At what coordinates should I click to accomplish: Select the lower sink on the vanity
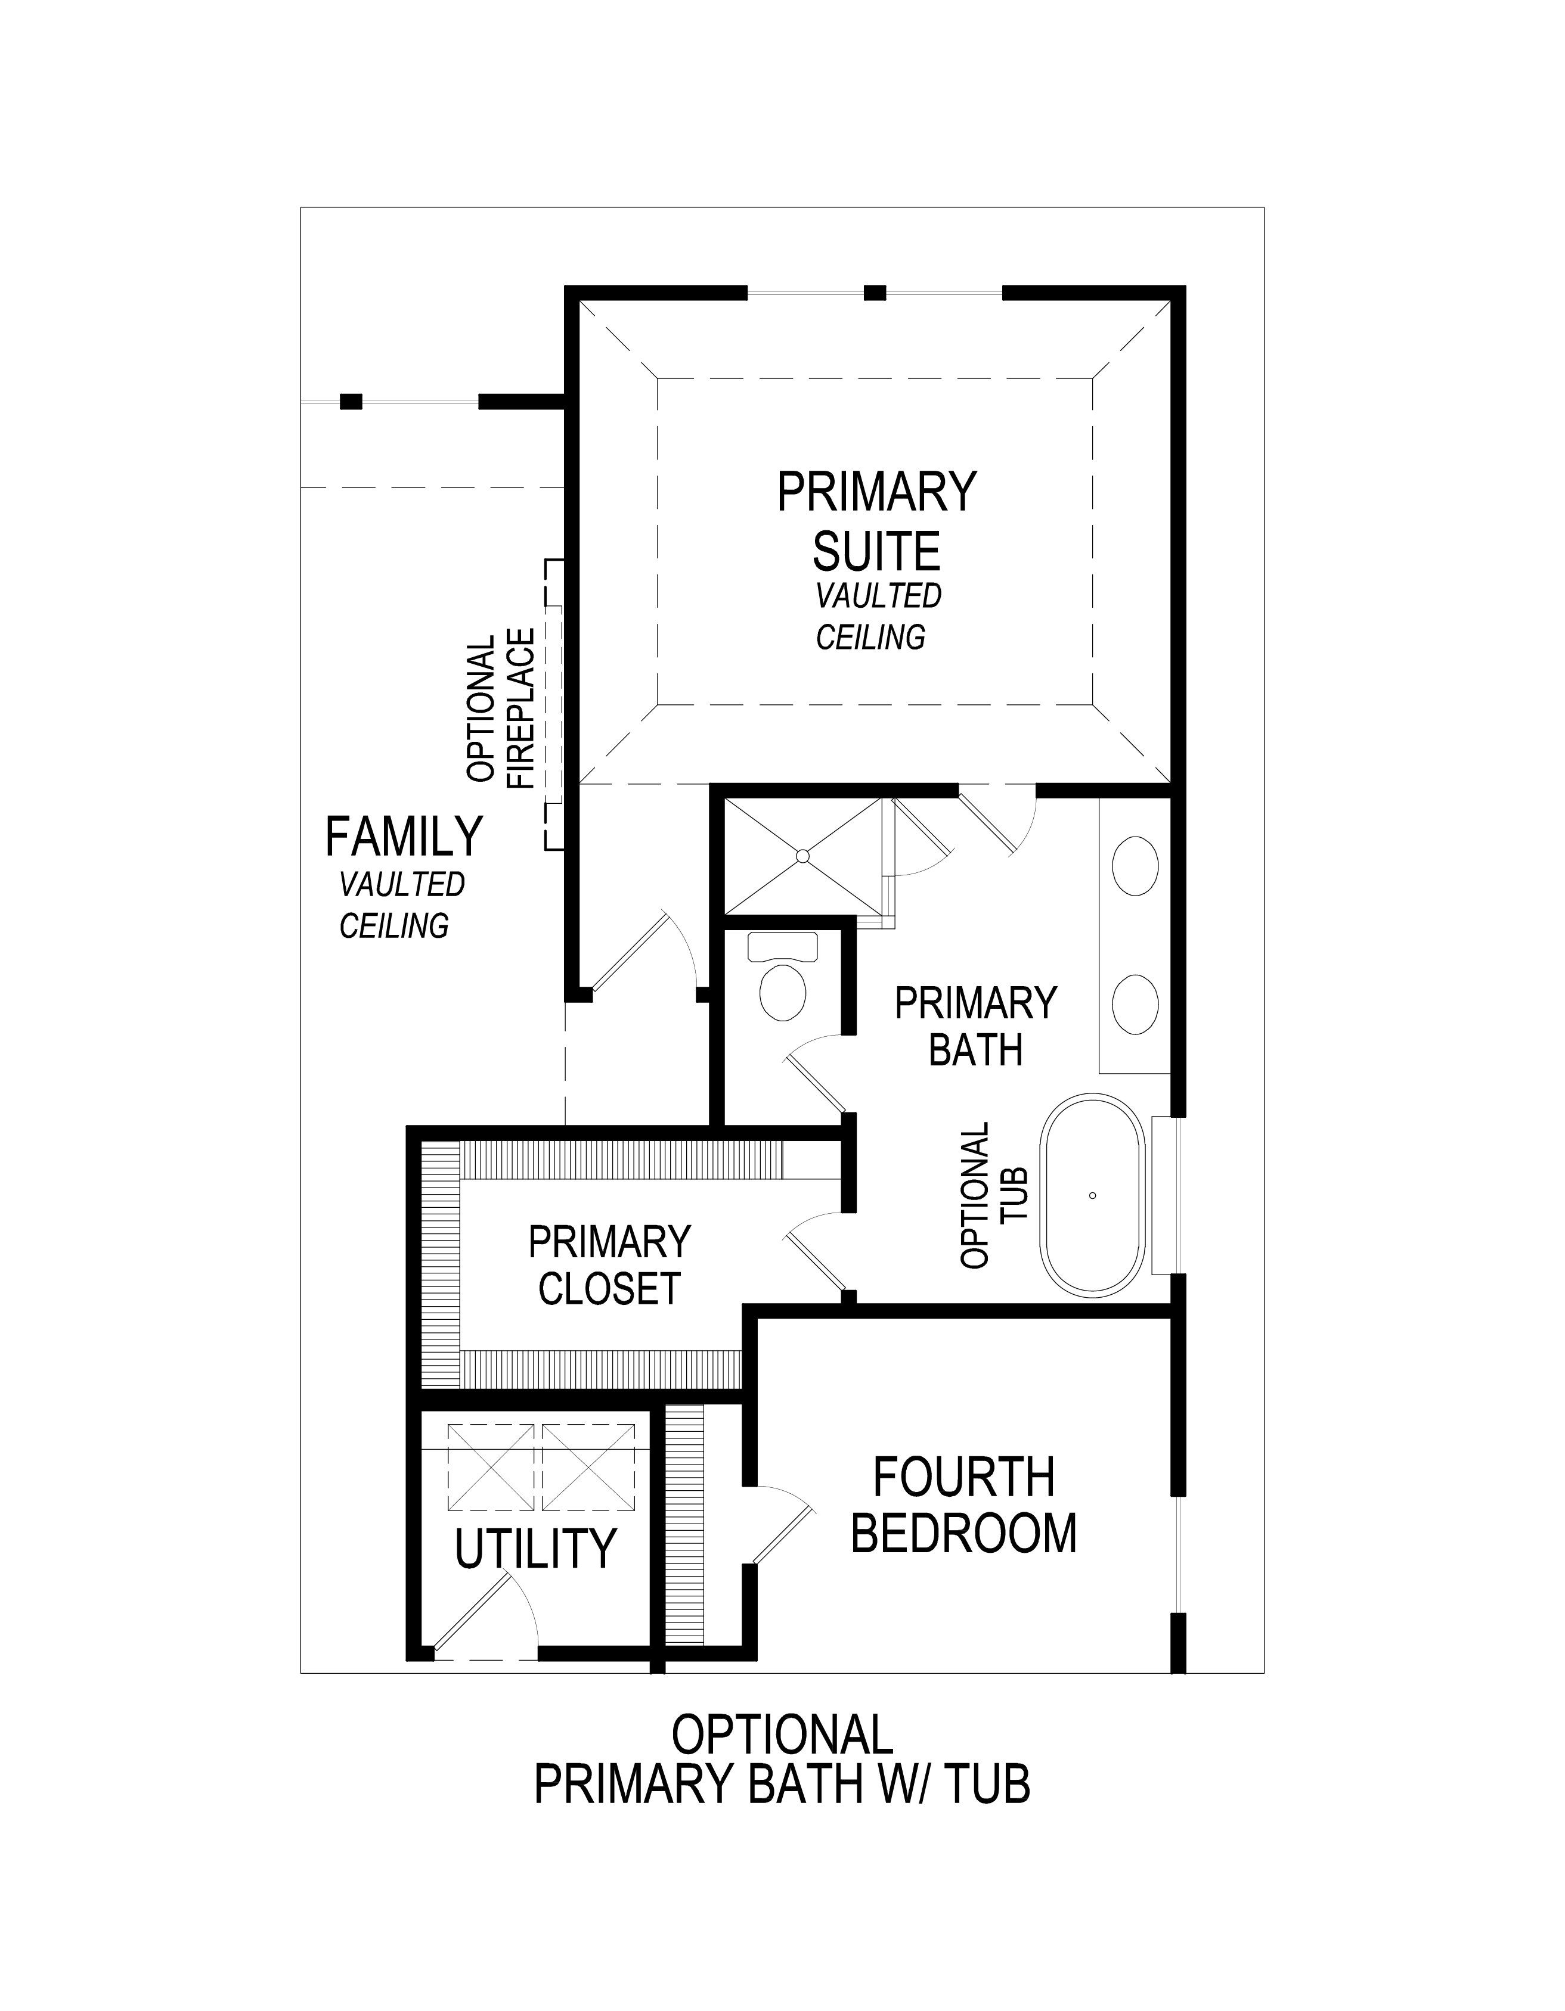point(1136,1003)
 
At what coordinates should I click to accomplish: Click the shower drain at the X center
point(803,856)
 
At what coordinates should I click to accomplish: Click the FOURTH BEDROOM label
point(963,1506)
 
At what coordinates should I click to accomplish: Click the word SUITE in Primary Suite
point(876,551)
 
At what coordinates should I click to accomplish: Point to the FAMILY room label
point(404,836)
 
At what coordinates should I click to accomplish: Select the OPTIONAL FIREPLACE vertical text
point(501,708)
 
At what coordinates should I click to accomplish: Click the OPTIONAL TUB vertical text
point(993,1195)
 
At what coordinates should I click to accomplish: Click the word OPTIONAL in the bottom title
point(782,1735)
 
